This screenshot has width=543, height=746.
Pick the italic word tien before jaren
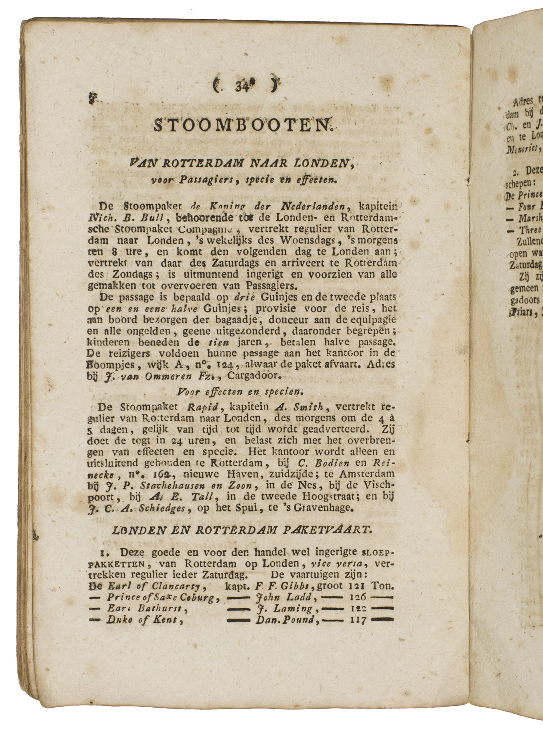(218, 342)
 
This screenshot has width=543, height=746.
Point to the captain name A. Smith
(303, 407)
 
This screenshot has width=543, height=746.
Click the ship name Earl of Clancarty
(154, 586)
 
